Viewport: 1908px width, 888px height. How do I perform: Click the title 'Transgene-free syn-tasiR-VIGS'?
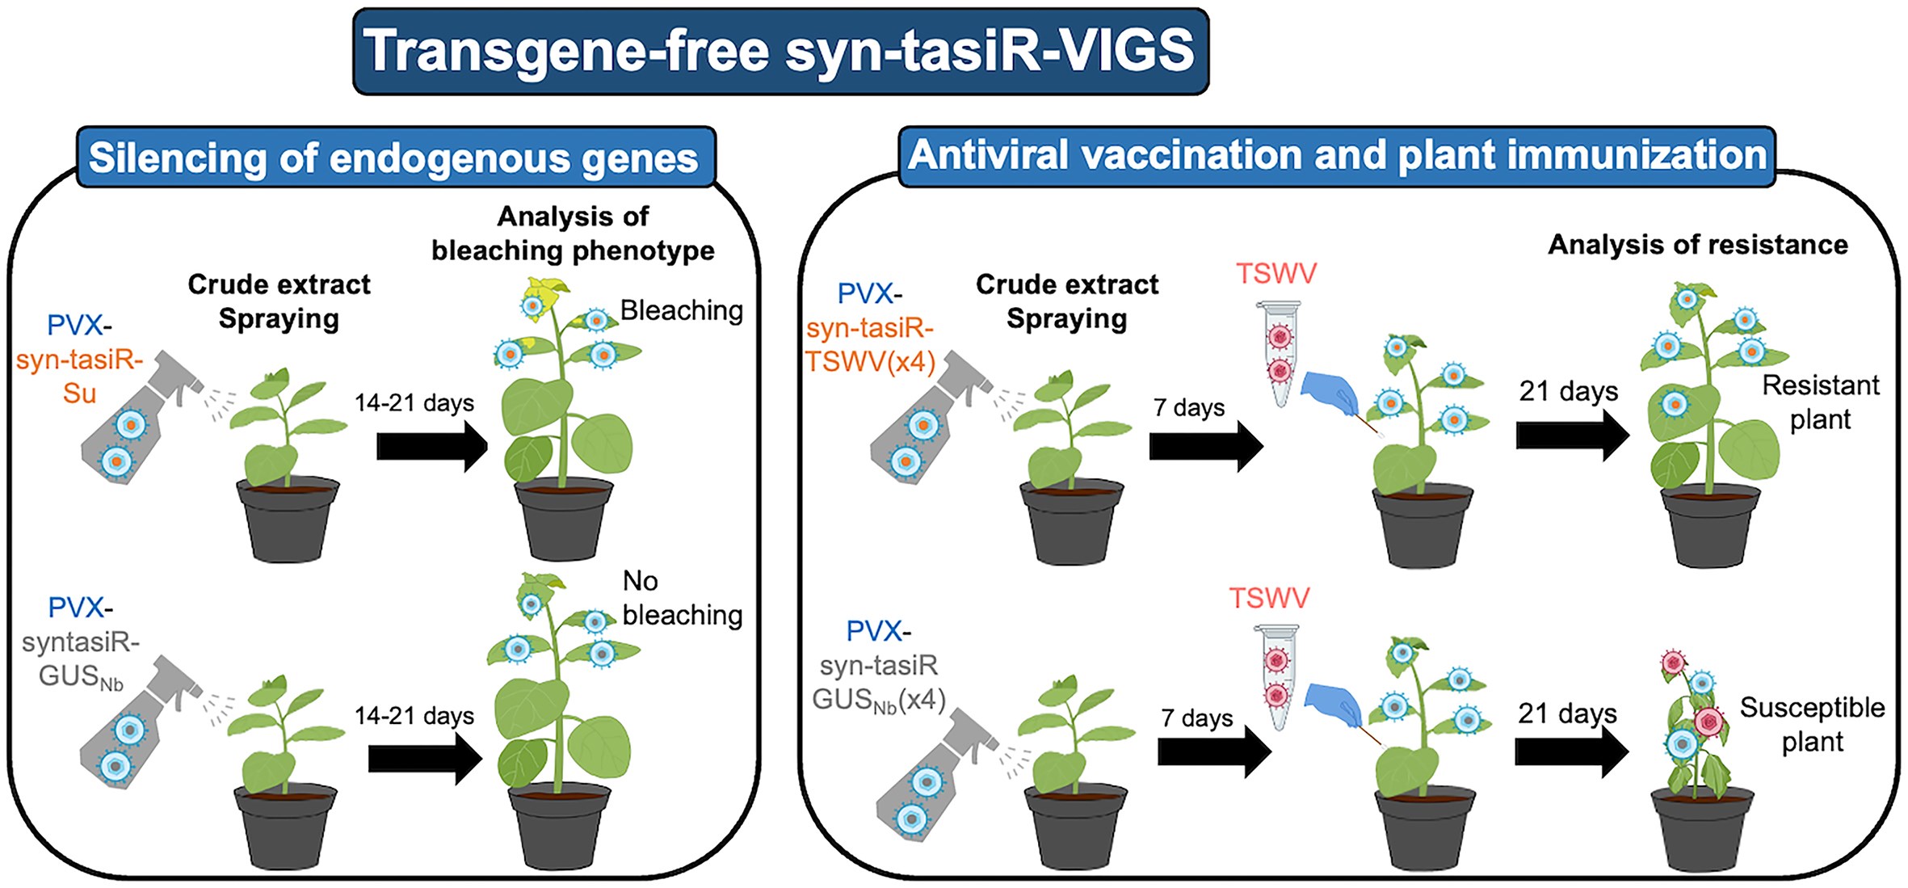coord(780,51)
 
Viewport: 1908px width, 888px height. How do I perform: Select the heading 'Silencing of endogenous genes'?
coord(393,158)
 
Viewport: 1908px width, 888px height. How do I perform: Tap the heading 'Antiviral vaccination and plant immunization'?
coord(1338,155)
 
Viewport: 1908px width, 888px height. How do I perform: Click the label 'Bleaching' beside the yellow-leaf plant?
coord(682,310)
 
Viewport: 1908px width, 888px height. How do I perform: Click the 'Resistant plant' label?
coord(1821,402)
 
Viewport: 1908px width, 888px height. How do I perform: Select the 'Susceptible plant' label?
coord(1813,724)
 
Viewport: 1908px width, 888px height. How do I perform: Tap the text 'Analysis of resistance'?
coord(1698,245)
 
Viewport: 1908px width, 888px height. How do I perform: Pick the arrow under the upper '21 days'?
coord(1573,436)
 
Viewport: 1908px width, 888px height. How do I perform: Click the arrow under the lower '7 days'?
coord(1215,751)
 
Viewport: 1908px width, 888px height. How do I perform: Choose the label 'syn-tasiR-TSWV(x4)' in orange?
coord(870,345)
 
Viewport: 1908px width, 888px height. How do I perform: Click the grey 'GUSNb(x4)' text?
coord(879,700)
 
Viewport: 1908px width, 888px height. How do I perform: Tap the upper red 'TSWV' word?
coord(1276,273)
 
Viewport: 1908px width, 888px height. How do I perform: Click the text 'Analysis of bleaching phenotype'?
coord(573,234)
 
